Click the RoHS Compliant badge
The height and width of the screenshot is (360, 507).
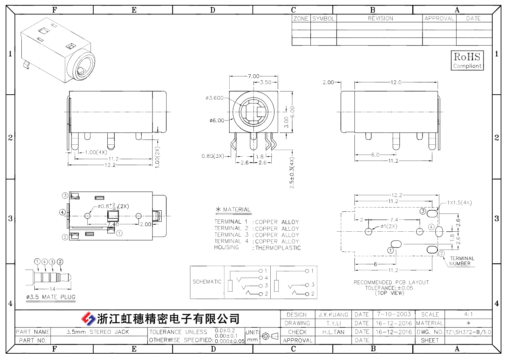467,60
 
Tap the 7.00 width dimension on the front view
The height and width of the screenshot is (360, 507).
253,76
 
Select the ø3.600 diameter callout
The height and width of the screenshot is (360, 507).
214,98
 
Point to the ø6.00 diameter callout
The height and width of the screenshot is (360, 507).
217,120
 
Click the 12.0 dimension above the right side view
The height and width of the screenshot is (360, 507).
396,82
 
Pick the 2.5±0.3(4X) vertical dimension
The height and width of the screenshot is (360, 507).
292,173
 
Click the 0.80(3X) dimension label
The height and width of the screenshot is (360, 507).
213,156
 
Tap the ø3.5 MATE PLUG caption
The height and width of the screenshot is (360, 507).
51,297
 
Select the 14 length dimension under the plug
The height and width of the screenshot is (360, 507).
53,289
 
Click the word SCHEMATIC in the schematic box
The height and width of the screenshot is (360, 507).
207,282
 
